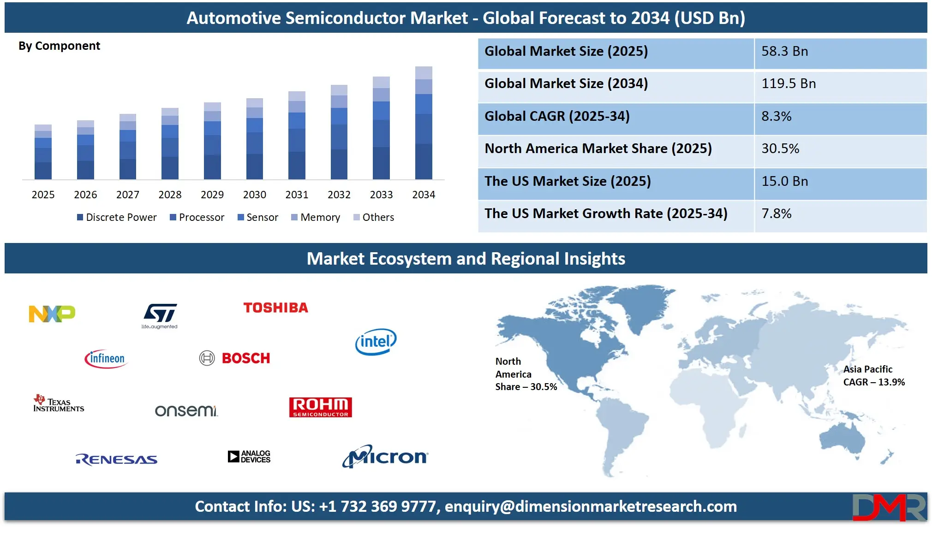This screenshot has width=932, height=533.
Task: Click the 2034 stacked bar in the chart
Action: click(x=424, y=123)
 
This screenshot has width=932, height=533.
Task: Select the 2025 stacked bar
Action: click(x=43, y=152)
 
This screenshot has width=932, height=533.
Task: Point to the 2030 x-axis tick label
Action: click(x=255, y=195)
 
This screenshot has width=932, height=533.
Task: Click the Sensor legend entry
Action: click(x=258, y=217)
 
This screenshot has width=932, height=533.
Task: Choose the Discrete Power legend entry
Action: click(x=117, y=217)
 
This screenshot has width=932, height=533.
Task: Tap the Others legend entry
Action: click(x=374, y=217)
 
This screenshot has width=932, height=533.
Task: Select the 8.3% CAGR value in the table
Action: click(x=777, y=116)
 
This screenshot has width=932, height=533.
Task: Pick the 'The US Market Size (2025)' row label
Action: click(x=568, y=181)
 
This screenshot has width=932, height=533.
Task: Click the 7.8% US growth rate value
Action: click(x=777, y=213)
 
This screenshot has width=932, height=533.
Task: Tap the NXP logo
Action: click(x=52, y=314)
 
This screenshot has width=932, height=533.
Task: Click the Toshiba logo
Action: click(x=276, y=308)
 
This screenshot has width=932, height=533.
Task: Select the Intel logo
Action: click(x=376, y=342)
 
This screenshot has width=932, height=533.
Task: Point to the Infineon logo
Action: click(x=106, y=359)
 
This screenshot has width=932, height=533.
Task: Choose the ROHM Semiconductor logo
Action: click(x=321, y=407)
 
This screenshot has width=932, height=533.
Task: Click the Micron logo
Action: click(x=385, y=456)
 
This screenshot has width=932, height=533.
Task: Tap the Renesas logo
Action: click(x=117, y=459)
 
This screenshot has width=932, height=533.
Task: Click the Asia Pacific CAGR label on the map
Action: click(x=874, y=375)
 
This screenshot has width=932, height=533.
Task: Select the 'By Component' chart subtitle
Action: click(x=59, y=46)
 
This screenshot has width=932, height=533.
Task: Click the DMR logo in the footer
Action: click(x=889, y=507)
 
